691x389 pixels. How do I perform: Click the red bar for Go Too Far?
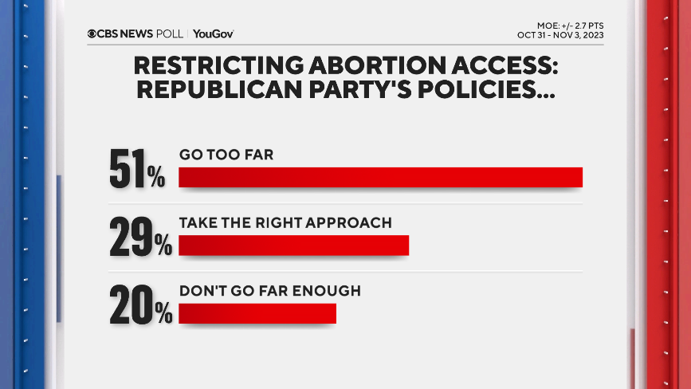coord(380,177)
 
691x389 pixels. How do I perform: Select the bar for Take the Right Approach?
coord(293,246)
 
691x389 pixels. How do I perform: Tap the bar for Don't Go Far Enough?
coord(257,313)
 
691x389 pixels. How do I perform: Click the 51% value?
coord(136,170)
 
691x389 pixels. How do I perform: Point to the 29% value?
coord(139,238)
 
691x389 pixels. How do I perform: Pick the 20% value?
coord(140,307)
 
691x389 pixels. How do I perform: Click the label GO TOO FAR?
coord(226,155)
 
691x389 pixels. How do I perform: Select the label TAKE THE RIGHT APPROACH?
coord(285,223)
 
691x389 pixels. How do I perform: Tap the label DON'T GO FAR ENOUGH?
coord(269,291)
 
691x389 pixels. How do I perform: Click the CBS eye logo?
coord(92,33)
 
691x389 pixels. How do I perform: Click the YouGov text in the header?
coord(213,33)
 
